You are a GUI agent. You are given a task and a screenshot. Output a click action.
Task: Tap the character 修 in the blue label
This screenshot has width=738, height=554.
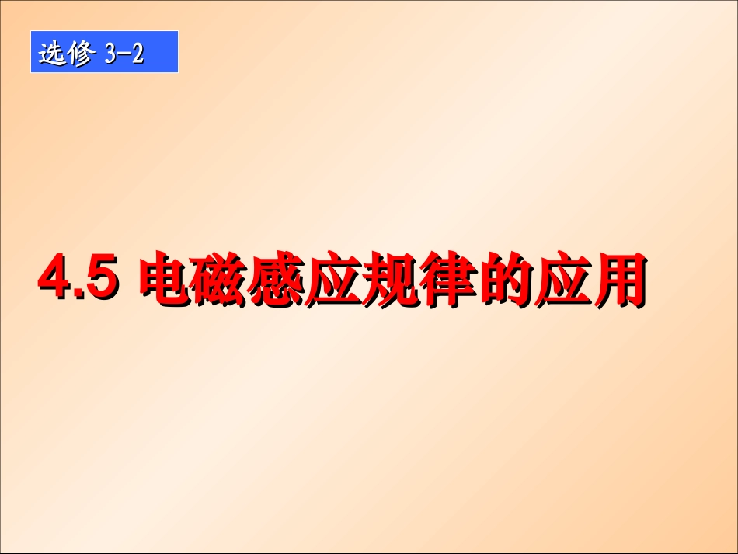click(x=79, y=54)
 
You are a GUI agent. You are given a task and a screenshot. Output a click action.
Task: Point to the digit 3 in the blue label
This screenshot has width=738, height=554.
click(x=110, y=54)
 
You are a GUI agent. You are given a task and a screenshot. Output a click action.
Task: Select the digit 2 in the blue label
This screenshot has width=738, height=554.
click(x=138, y=54)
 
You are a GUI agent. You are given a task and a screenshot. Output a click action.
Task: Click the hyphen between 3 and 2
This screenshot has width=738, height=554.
click(x=124, y=54)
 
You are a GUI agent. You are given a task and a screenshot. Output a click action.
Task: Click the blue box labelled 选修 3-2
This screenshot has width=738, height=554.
click(x=104, y=52)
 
